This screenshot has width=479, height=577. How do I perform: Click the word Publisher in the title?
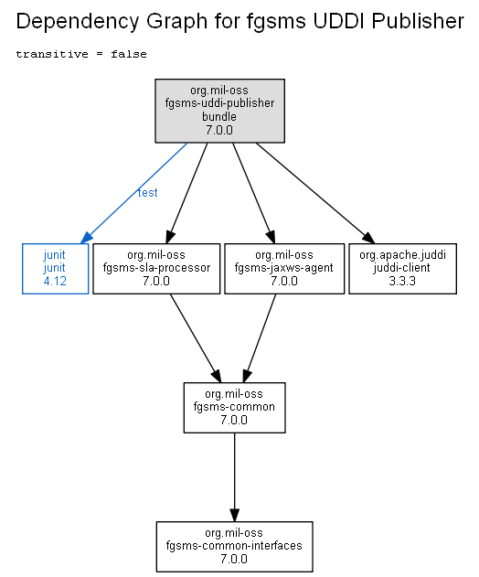pyautogui.click(x=418, y=21)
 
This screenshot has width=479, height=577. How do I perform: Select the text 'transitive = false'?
pyautogui.click(x=81, y=54)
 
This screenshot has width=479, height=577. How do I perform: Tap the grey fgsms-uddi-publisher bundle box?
pyautogui.click(x=219, y=111)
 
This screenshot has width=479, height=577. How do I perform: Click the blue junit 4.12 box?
pyautogui.click(x=55, y=269)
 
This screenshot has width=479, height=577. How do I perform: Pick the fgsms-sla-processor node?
pyautogui.click(x=156, y=269)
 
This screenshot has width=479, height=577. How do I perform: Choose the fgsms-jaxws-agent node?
pyautogui.click(x=284, y=269)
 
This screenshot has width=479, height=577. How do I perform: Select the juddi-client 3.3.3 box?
pyautogui.click(x=402, y=269)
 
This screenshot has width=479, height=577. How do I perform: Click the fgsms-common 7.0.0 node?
pyautogui.click(x=234, y=408)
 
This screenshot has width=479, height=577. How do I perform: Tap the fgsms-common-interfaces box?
pyautogui.click(x=234, y=547)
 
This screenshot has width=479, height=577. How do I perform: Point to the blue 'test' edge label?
pyautogui.click(x=147, y=193)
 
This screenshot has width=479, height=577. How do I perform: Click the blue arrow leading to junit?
pyautogui.click(x=133, y=193)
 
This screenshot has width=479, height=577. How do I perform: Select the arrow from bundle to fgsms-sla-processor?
pyautogui.click(x=186, y=193)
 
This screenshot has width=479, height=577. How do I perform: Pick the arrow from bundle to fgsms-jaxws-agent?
pyautogui.click(x=254, y=193)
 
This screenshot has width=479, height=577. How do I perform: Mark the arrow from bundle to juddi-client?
pyautogui.click(x=315, y=193)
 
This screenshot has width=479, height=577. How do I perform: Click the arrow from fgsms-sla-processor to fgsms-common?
pyautogui.click(x=196, y=338)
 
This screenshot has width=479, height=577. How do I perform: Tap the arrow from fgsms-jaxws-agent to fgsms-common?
pyautogui.click(x=259, y=338)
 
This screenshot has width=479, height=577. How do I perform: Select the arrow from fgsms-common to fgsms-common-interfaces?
pyautogui.click(x=234, y=477)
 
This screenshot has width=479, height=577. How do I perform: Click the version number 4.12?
pyautogui.click(x=55, y=281)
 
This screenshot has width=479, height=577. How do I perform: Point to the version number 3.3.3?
pyautogui.click(x=402, y=281)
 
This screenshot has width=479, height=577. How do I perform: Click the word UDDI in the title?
pyautogui.click(x=338, y=21)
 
